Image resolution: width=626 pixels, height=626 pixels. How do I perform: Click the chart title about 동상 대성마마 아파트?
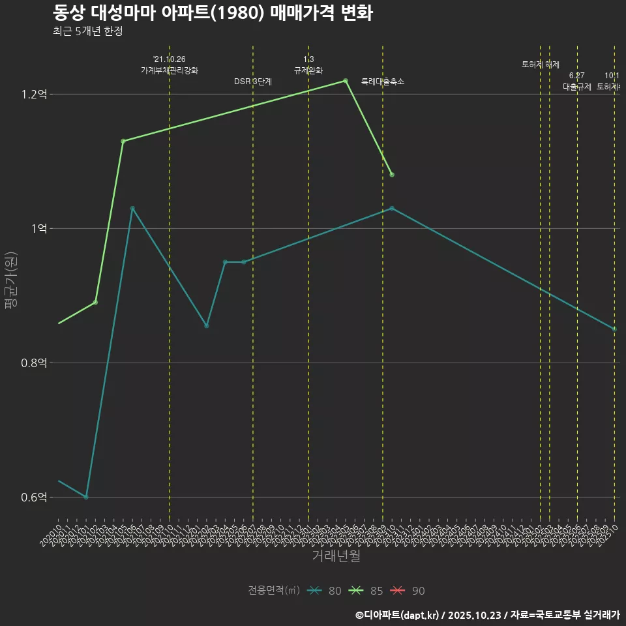coord(213,12)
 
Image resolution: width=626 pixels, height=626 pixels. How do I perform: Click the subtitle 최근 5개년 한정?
coord(88,31)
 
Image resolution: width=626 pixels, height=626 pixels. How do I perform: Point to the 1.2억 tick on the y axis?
coord(34,95)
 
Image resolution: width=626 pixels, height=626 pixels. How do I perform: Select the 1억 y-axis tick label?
coord(38,229)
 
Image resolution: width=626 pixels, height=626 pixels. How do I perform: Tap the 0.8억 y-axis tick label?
coord(34,363)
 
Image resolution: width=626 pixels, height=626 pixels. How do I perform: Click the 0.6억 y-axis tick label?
coord(34,498)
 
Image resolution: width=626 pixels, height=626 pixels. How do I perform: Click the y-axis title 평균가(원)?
coord(11,282)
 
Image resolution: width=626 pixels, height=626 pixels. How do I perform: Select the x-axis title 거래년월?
coord(336,556)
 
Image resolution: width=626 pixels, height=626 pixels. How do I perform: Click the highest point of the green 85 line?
coord(346,81)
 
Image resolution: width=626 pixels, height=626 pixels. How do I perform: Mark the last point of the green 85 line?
coord(392,175)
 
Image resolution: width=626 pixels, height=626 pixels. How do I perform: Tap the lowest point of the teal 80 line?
coord(86,497)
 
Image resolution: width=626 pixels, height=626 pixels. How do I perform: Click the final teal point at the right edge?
coord(614,329)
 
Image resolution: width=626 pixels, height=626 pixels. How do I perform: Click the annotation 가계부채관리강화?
coord(170,70)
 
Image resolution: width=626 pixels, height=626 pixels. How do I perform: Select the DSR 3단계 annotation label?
coord(253,82)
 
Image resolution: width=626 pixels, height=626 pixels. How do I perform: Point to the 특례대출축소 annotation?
coord(383,82)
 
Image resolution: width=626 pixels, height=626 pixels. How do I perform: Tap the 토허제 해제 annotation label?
coord(541,65)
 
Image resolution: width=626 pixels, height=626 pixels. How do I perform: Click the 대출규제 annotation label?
coord(577,87)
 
